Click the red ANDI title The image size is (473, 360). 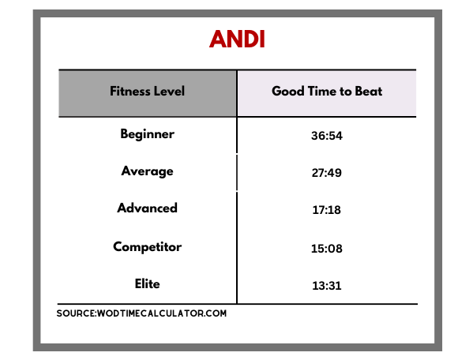coord(237,39)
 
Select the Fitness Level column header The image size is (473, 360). coord(147,91)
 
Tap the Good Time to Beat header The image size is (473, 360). coord(327,91)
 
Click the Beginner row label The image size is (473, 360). coord(147,134)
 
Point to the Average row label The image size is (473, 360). coord(147,171)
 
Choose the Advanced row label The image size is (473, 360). coord(147,208)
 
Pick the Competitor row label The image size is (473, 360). coord(147,247)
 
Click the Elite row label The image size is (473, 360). coord(147,283)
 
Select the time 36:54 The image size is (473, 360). coord(327,136)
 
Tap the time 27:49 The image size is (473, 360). coord(327,173)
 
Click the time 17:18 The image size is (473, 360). coord(327,210)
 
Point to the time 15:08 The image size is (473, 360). coord(327,249)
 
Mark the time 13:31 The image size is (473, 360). coord(327,286)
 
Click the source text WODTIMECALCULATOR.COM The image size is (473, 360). coord(162,313)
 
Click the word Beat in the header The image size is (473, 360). coord(369,91)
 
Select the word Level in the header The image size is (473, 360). coord(169,91)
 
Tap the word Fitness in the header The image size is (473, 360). coord(130,91)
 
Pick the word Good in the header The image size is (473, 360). coord(288,91)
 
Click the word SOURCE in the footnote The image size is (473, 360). coord(76,313)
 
